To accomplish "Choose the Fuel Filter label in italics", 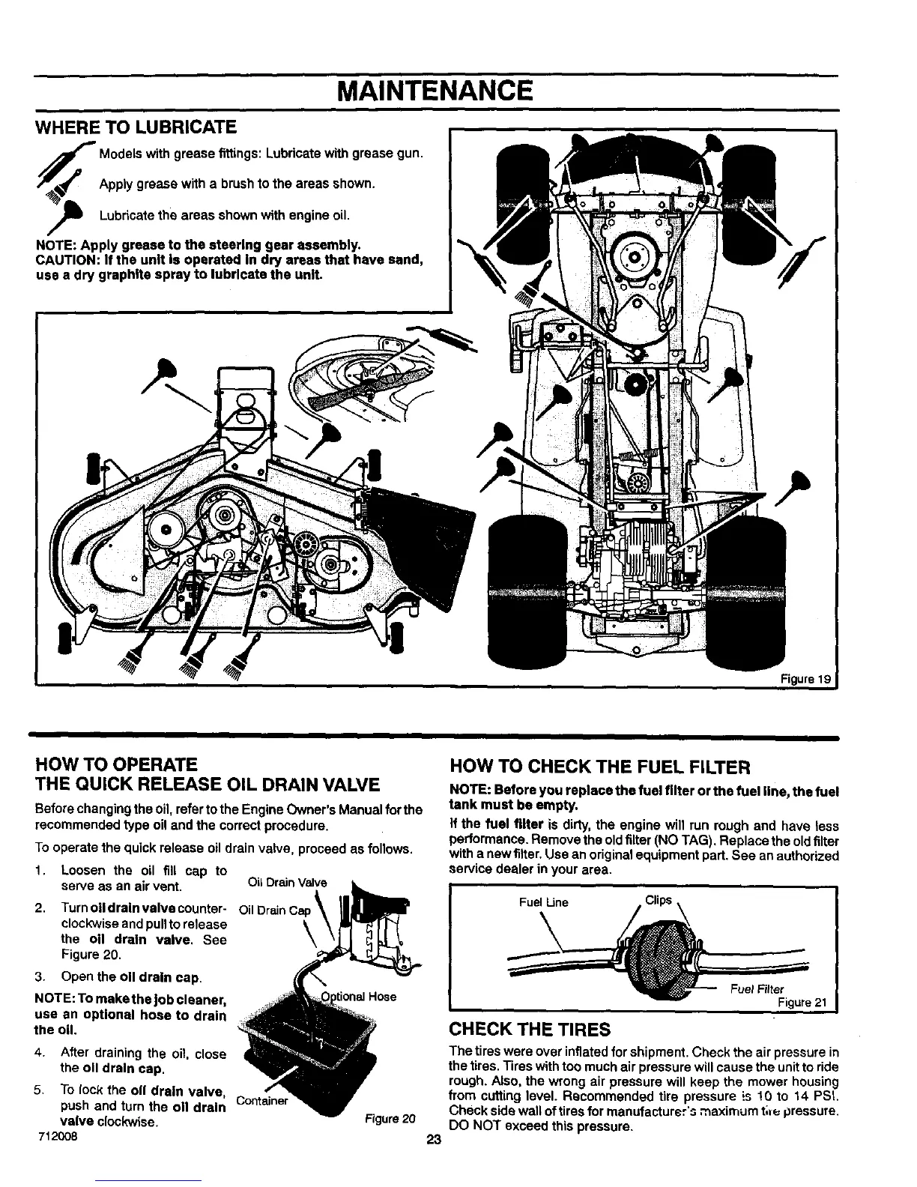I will pos(757,989).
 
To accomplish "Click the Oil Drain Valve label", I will pos(277,881).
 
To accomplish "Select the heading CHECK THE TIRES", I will pos(529,1028).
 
